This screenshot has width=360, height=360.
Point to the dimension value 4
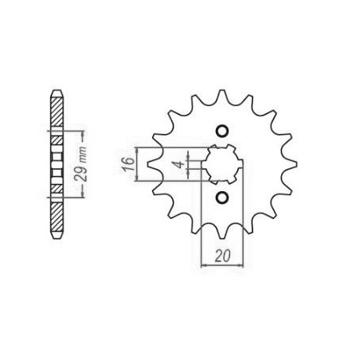click(x=181, y=164)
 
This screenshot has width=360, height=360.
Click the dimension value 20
click(x=222, y=256)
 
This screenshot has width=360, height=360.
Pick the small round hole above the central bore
click(x=222, y=131)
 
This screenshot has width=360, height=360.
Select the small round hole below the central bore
click(x=222, y=197)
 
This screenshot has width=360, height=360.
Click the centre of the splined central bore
click(x=221, y=164)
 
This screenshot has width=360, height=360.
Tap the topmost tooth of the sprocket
click(x=222, y=96)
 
